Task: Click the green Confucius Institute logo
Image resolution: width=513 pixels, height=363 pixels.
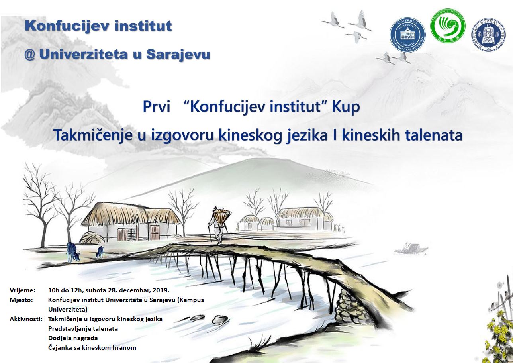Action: tap(448, 26)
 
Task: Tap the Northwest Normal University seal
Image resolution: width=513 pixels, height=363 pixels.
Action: tap(488, 35)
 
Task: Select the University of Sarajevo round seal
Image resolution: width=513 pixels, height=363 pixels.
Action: tap(407, 35)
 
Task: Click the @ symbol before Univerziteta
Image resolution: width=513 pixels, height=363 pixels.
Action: tap(30, 55)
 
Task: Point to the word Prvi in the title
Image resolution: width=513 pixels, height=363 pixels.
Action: tap(157, 107)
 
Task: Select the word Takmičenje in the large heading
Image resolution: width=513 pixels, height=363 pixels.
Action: tap(93, 135)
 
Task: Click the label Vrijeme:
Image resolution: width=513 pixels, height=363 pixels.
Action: tap(22, 290)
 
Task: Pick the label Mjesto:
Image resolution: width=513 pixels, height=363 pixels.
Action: tap(21, 300)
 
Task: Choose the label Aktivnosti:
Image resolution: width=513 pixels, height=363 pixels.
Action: tap(26, 319)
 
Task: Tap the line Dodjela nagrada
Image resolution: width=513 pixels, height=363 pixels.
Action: tap(73, 338)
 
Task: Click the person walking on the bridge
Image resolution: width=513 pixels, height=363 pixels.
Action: tap(218, 225)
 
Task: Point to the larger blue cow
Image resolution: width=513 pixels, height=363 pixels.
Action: tap(73, 252)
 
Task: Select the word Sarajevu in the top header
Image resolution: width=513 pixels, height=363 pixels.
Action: tap(178, 55)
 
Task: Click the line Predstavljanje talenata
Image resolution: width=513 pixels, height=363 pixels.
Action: tap(83, 329)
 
